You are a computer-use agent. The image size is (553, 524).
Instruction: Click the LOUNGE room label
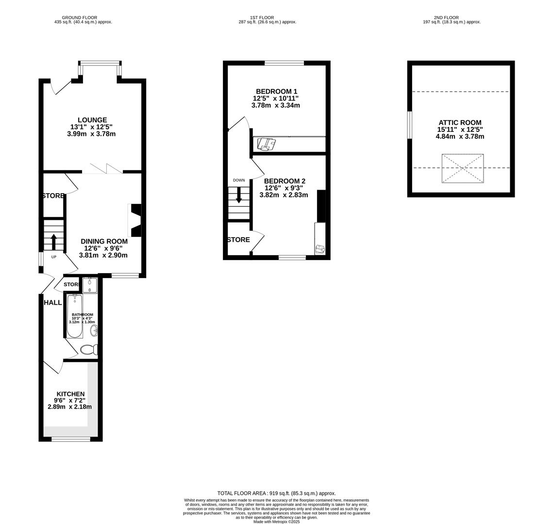(92, 120)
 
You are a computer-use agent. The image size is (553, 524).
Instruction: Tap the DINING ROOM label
(104, 241)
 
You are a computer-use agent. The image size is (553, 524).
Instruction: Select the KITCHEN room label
(70, 394)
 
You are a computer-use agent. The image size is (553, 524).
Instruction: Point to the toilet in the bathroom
(89, 349)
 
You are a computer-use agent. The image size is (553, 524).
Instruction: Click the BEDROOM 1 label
(276, 91)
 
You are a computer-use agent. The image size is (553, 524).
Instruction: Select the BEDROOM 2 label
(285, 181)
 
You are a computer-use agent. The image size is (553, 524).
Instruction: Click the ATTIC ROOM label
(460, 123)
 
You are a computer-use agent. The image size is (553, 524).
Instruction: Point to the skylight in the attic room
(462, 168)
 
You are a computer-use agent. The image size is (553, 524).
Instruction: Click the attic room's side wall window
(410, 125)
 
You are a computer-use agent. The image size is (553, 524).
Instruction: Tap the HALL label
(53, 302)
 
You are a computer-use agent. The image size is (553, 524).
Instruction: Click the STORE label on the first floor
(238, 240)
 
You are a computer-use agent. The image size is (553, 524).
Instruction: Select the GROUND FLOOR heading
(83, 17)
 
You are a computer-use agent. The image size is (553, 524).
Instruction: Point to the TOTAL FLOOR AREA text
(276, 493)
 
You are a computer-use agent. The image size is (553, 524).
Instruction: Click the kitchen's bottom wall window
(71, 439)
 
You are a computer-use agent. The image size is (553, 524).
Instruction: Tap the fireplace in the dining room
(135, 220)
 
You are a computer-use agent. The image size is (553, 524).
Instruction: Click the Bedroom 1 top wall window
(284, 63)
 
